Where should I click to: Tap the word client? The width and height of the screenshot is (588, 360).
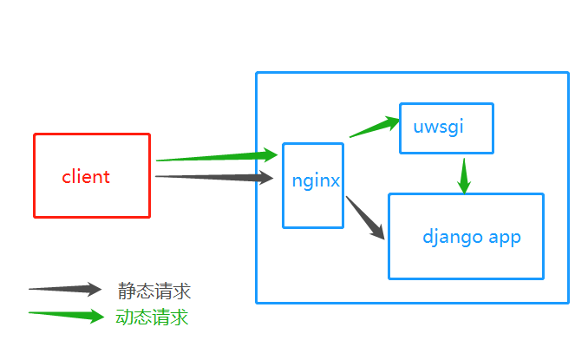point(86,177)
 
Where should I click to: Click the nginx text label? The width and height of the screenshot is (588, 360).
point(315,181)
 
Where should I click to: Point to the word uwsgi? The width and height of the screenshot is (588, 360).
point(439,126)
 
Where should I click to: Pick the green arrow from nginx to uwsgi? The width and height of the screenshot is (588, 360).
point(373,128)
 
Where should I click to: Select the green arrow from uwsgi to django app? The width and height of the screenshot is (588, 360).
point(464,174)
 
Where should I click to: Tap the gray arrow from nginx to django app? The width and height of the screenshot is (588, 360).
point(364,217)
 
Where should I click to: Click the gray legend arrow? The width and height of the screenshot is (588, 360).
point(65,289)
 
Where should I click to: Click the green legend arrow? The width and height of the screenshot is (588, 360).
point(65,315)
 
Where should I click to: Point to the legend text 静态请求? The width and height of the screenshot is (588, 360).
point(154,291)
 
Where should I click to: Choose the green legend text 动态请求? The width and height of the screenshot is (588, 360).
point(152,317)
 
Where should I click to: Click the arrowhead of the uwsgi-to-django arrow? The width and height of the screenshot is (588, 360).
point(464,186)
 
